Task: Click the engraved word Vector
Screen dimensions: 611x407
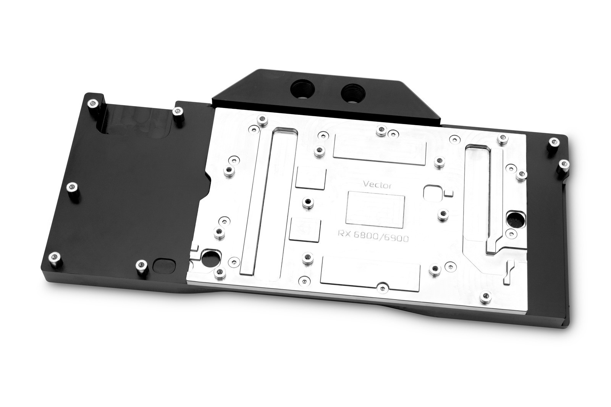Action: [x=377, y=185]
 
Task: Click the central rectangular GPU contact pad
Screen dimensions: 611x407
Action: [x=375, y=209]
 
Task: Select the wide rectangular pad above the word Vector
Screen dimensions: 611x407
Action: [x=380, y=149]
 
